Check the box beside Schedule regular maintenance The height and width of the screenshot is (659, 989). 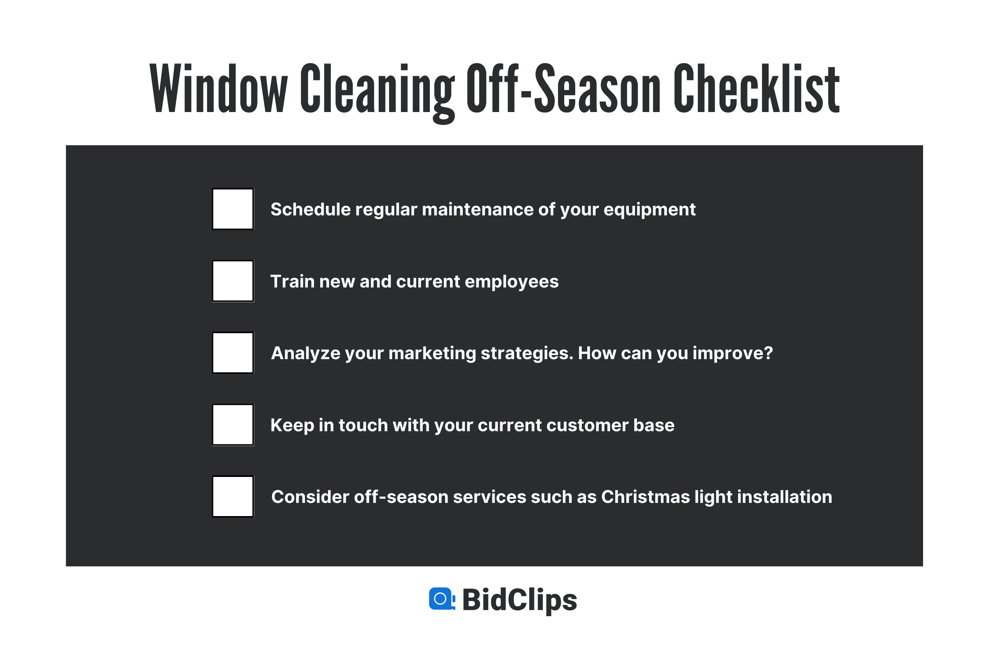click(x=232, y=209)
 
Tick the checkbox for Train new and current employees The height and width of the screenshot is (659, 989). click(x=232, y=281)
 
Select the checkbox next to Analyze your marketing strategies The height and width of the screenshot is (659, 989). click(x=232, y=353)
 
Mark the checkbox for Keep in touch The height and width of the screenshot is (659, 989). click(x=232, y=425)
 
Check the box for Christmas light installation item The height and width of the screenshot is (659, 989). click(x=232, y=496)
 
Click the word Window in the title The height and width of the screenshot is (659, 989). click(x=219, y=89)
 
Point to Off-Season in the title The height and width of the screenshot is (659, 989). click(x=563, y=89)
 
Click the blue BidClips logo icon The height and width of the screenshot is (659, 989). click(x=441, y=598)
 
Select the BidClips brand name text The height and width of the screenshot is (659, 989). click(x=519, y=600)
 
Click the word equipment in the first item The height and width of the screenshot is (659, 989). click(x=650, y=210)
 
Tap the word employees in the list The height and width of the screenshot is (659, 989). click(x=512, y=282)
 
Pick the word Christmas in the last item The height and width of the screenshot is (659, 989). click(x=645, y=497)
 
